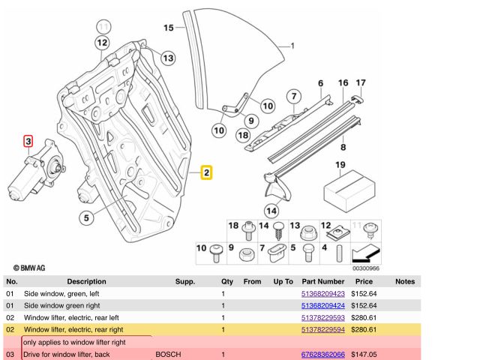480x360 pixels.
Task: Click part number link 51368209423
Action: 322,294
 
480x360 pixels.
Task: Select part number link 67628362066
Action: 322,354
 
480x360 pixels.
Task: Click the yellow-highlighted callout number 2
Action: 206,173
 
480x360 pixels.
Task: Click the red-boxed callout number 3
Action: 28,140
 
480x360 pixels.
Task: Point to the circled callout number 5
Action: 87,219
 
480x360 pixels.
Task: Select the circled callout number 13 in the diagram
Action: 166,58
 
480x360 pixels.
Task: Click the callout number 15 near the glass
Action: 169,28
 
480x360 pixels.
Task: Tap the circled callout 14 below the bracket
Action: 270,210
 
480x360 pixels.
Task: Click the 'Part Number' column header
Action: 322,282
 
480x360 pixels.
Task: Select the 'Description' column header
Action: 86,282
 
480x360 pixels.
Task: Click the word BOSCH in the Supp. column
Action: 168,354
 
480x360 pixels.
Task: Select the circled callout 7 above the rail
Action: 295,96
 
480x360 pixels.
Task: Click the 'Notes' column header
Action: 404,282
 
